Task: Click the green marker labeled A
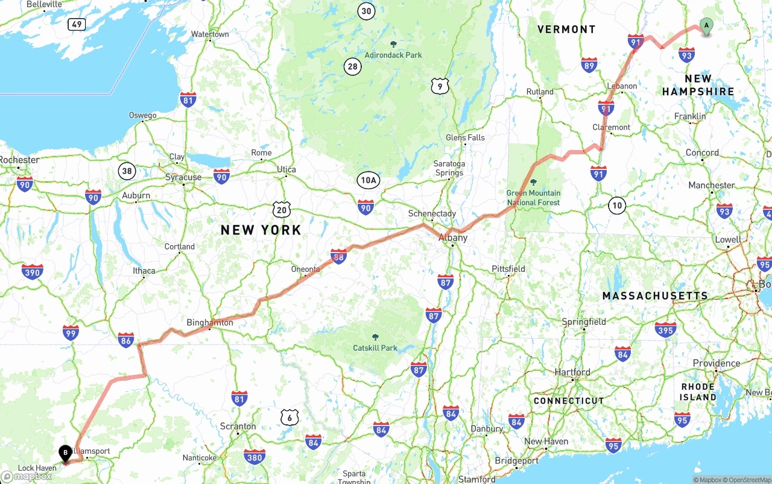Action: point(706,26)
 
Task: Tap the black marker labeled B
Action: point(65,453)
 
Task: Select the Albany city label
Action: point(452,237)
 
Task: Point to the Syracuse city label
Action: point(183,177)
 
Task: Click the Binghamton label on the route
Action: point(209,322)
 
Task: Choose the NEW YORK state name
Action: point(261,230)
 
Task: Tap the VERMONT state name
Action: point(566,29)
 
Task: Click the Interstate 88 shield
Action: point(339,257)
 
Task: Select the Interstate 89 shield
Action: point(589,65)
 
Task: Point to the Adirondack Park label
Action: point(393,55)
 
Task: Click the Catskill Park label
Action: point(375,348)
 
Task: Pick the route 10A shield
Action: point(368,180)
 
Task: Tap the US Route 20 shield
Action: point(281,209)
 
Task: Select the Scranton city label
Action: point(238,426)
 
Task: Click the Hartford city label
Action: point(572,372)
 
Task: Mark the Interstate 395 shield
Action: point(665,329)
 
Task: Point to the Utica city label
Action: point(286,169)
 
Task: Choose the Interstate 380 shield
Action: point(255,457)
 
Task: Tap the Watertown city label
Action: point(210,34)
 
